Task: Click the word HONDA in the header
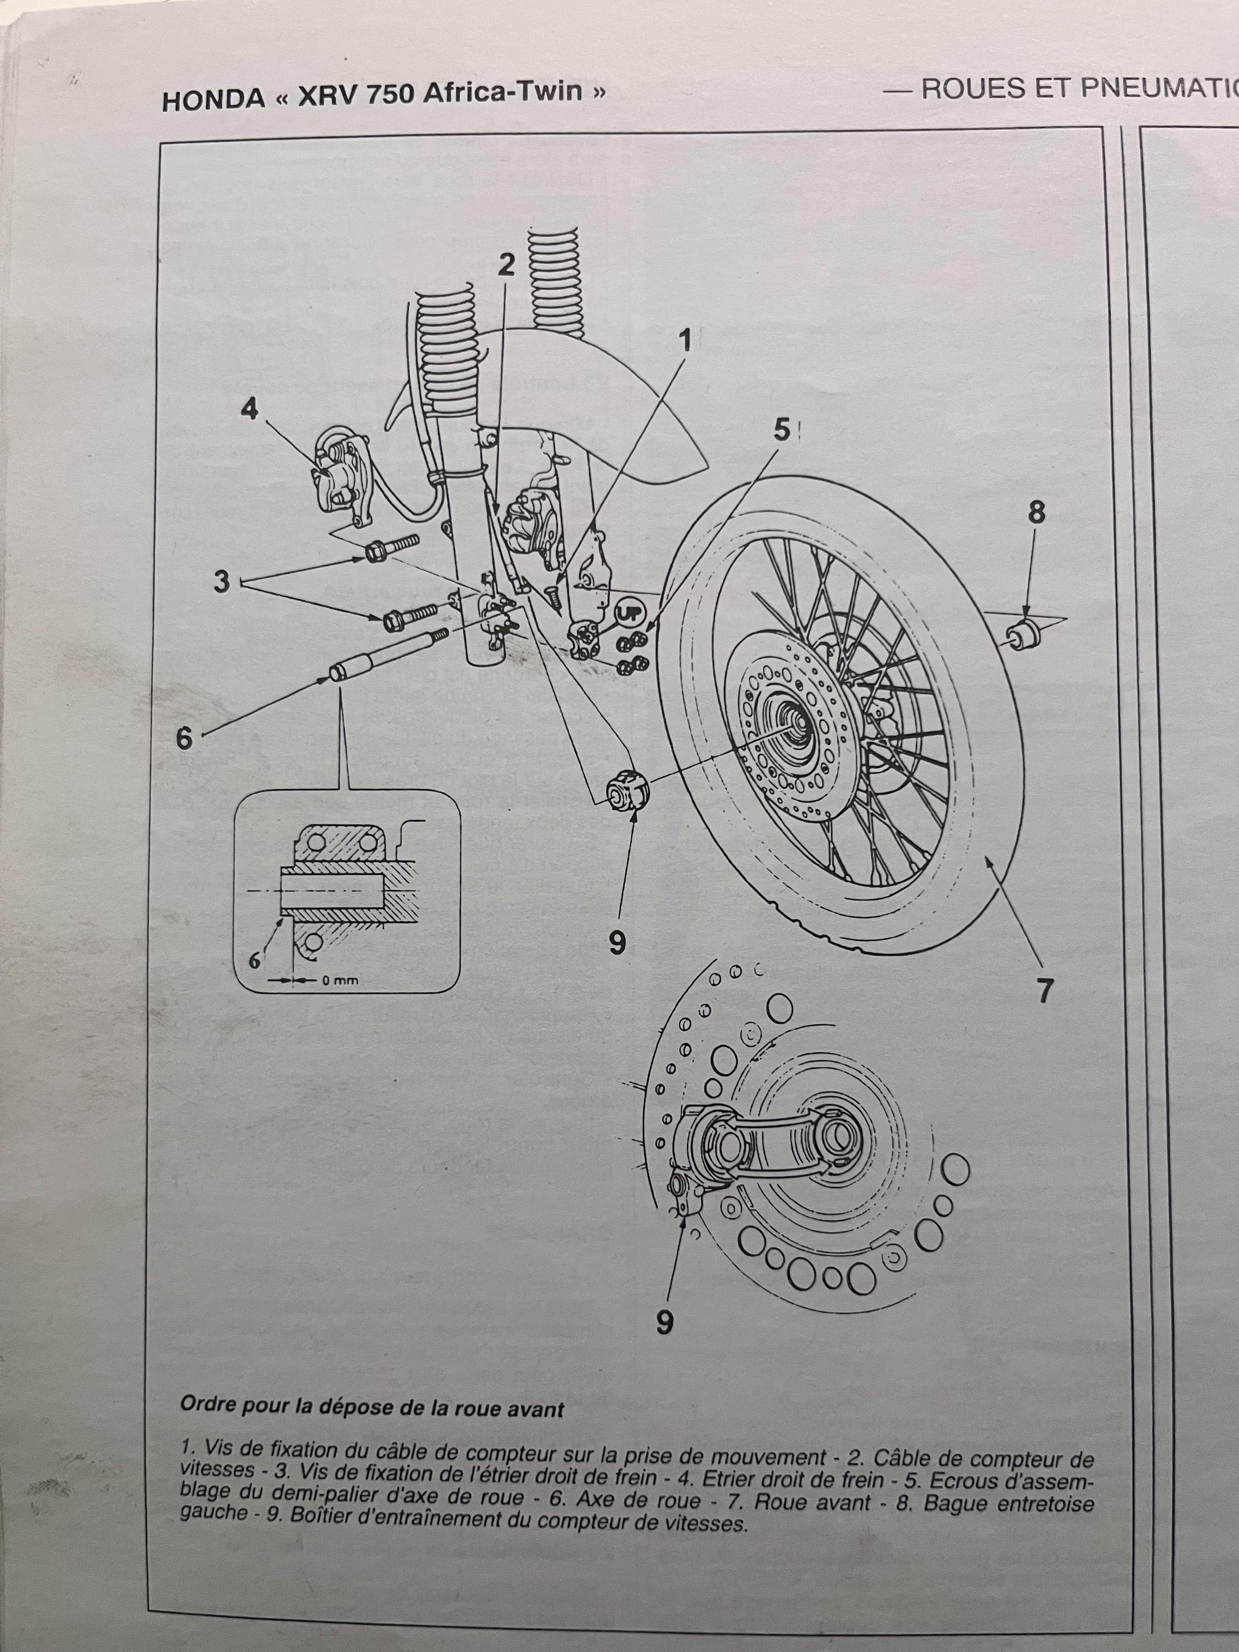pyautogui.click(x=212, y=99)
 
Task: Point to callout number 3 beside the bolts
pyautogui.click(x=222, y=581)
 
